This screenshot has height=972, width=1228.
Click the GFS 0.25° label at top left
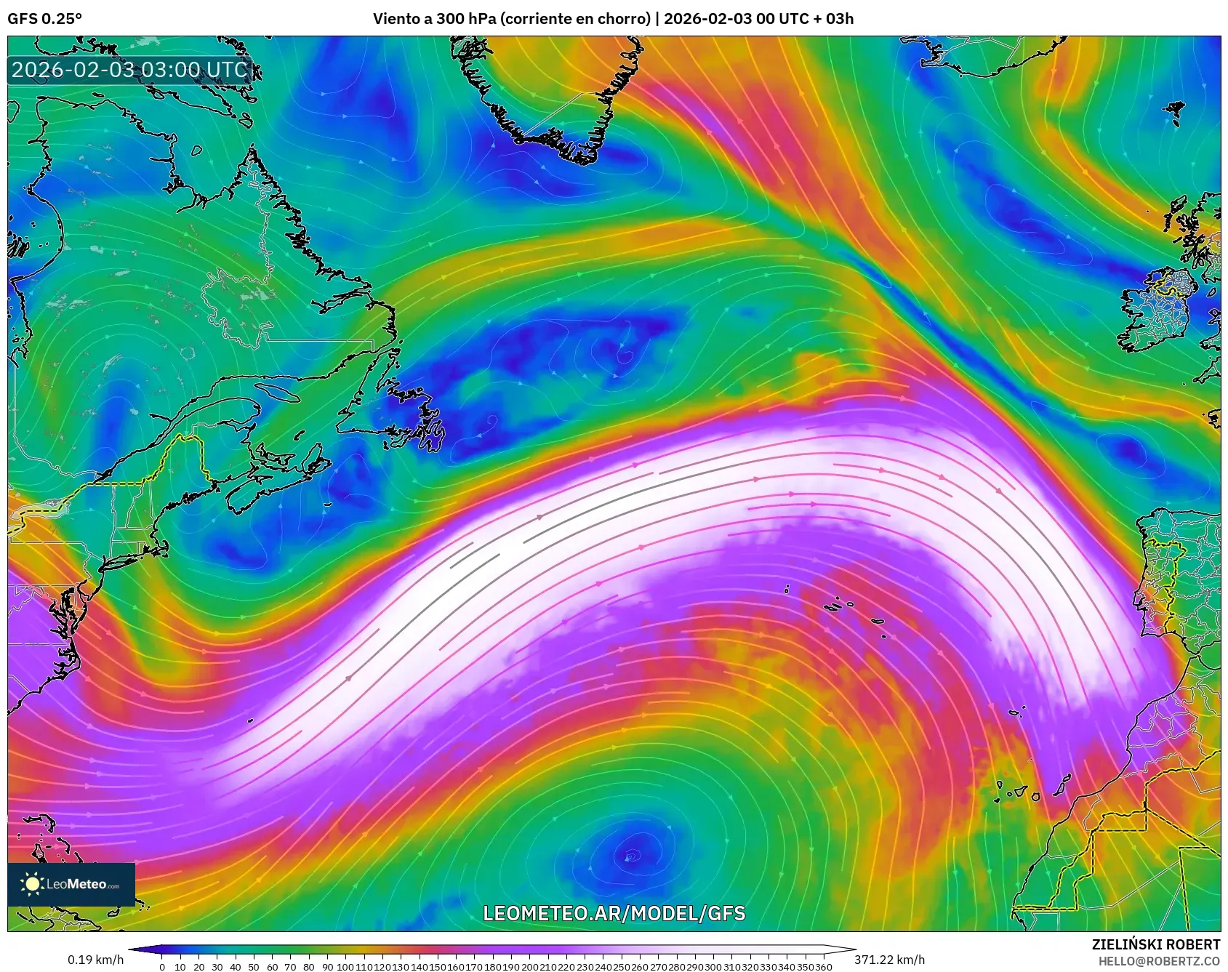point(44,18)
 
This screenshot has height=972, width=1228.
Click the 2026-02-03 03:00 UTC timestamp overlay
point(129,70)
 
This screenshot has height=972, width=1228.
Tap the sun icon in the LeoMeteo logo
point(32,884)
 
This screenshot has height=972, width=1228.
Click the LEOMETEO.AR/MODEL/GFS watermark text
point(614,913)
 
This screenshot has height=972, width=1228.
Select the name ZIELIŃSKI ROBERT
point(1155,944)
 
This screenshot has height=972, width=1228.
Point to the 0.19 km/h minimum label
point(95,960)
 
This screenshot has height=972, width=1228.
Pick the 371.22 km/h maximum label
point(889,960)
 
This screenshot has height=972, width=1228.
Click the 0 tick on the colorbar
point(161,967)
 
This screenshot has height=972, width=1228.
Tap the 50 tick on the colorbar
point(253,967)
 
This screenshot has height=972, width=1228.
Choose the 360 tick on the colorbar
point(823,967)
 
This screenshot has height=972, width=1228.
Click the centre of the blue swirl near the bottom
point(628,857)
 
